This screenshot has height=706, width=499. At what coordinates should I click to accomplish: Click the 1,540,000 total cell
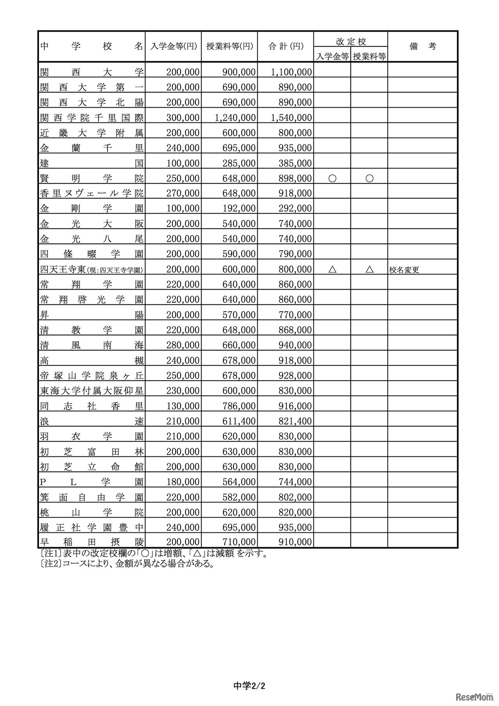pos(291,117)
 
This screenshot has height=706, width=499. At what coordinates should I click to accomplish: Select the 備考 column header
pos(423,46)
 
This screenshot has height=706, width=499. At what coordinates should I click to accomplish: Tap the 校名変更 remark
pos(404,270)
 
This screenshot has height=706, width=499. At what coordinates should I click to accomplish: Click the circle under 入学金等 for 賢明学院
pos(332,178)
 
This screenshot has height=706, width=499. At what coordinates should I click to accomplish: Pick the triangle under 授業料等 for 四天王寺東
pos(369,269)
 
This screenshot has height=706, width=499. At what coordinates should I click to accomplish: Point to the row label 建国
pos(92,163)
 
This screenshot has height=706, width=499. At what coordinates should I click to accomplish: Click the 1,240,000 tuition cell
pos(235,117)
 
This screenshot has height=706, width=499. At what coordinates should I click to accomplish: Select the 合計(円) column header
pos(285,46)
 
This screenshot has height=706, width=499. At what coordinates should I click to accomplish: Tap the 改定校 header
pos(351,41)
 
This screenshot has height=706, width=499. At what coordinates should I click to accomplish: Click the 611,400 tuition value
pos(239,421)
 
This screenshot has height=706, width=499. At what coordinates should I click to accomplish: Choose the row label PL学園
pos(92,482)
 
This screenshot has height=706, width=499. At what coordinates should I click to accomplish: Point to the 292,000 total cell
pos(295,209)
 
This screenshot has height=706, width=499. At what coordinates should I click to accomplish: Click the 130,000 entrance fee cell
pos(183,406)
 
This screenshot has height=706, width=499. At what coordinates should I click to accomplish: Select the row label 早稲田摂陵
pos(92,542)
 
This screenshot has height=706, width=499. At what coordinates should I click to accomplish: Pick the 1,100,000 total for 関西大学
pos(291,72)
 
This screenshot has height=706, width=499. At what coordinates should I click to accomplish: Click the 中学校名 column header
pos(92,46)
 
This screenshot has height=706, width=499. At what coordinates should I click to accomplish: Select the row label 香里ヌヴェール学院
pos(92,193)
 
